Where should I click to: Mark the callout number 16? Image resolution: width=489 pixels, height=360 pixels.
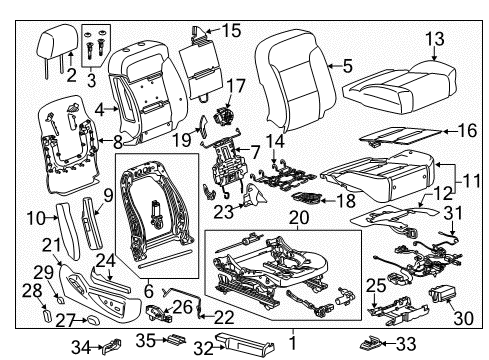click(466, 131)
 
